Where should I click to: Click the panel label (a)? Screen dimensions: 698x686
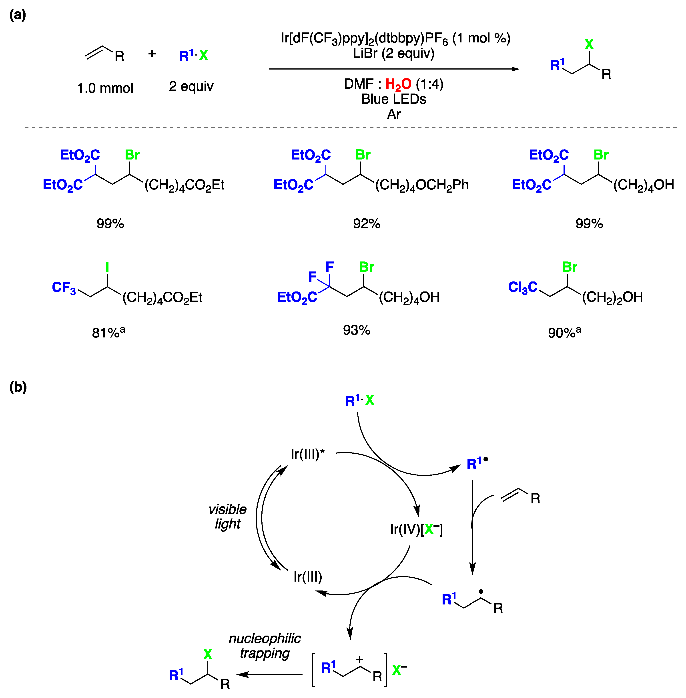(x=17, y=15)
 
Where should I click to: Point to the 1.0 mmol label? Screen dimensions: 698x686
(x=105, y=88)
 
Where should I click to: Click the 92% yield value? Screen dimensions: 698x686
(x=366, y=223)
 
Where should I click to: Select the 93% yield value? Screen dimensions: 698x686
(x=356, y=330)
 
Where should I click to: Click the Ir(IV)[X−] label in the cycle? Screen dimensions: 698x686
(x=416, y=529)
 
